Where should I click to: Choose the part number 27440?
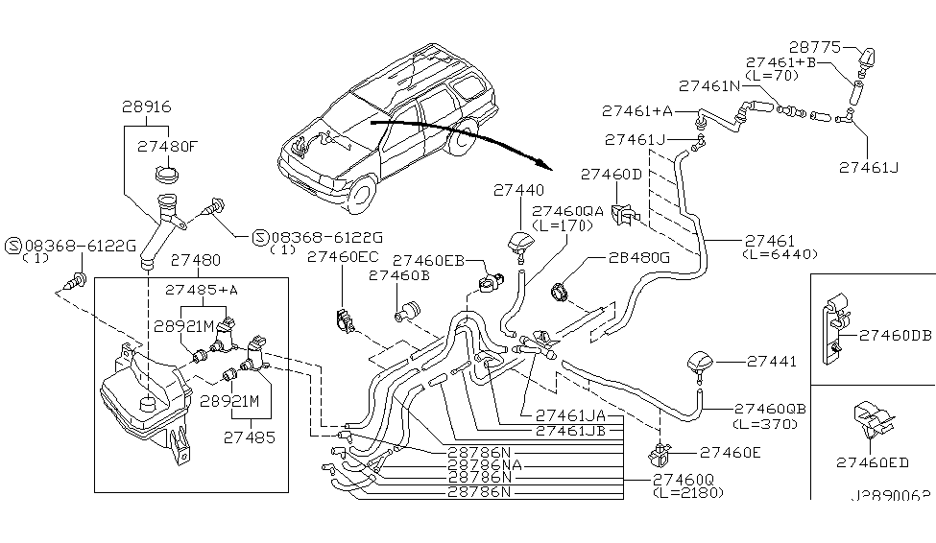point(518,190)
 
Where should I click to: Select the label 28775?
point(815,45)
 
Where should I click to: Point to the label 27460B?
point(396,274)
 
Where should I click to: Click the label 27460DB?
point(895,336)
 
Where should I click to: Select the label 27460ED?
point(872,461)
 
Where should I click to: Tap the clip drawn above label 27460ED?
point(869,420)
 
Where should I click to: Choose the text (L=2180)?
point(684,492)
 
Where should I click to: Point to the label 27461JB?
point(570,431)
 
